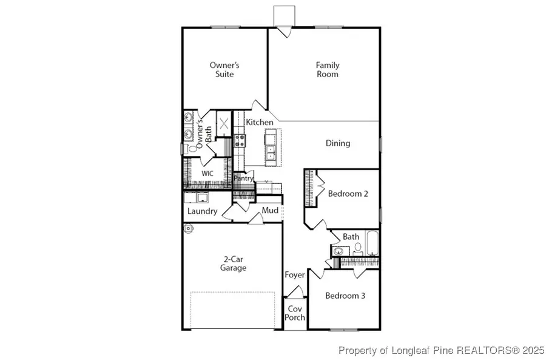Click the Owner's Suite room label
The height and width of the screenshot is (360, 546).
[224, 69]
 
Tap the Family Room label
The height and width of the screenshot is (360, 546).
[328, 69]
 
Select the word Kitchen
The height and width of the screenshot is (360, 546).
[260, 122]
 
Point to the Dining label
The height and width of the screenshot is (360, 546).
[338, 143]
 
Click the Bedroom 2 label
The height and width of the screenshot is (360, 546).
[348, 194]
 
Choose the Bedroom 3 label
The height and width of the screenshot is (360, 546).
[345, 296]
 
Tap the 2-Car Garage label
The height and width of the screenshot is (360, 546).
[233, 263]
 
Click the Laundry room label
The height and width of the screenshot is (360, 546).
[202, 211]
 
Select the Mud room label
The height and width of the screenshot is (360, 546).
[270, 211]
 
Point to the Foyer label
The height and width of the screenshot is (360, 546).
[295, 275]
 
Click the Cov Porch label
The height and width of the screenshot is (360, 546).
[295, 313]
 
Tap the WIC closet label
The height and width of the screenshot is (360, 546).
[207, 174]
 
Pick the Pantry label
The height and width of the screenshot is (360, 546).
[243, 178]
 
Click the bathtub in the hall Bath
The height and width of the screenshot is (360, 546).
[372, 243]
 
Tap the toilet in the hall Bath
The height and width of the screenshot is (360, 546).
[357, 249]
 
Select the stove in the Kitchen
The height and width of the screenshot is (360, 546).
[239, 140]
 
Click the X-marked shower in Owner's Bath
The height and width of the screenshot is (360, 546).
[224, 124]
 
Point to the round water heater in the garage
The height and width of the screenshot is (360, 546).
[189, 229]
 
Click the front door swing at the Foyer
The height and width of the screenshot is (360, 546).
[295, 292]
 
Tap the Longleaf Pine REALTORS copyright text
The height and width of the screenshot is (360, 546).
[441, 350]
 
